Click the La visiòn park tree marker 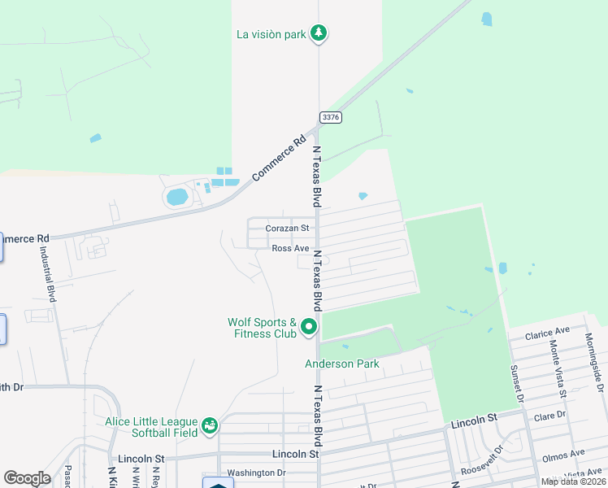[x=321, y=33]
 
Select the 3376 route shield [x=331, y=117]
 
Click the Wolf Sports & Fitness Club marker [x=309, y=327]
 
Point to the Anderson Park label [x=342, y=364]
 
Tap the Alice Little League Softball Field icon [x=210, y=425]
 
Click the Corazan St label [x=288, y=229]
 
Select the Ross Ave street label [x=290, y=248]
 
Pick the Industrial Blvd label [x=46, y=275]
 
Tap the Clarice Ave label [x=547, y=333]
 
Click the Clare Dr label [x=549, y=416]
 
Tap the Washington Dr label [x=256, y=473]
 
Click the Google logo [x=27, y=478]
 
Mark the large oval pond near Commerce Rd [x=176, y=197]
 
